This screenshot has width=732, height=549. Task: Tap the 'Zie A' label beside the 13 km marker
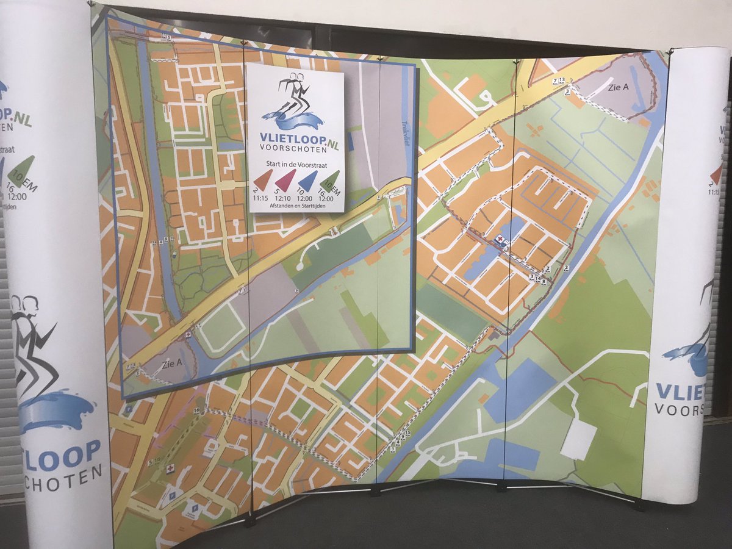tap(617, 87)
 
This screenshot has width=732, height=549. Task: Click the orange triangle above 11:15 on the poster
tap(264, 179)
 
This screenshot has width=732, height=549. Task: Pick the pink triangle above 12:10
tap(286, 179)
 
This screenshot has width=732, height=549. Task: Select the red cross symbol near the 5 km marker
tap(170, 468)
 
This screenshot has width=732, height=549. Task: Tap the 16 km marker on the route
tap(197, 411)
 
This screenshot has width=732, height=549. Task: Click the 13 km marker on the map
tap(562, 80)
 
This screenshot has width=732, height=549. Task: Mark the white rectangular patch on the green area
tap(578, 439)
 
